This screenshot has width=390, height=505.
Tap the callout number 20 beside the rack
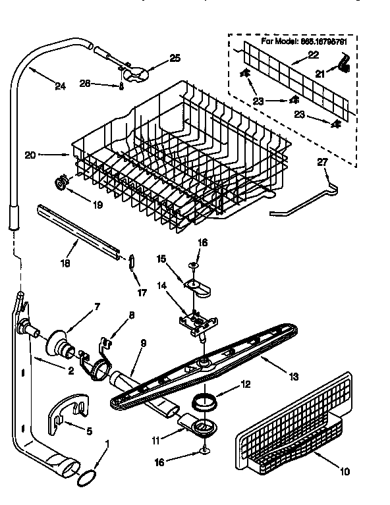29,155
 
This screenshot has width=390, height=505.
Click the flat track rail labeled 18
79,230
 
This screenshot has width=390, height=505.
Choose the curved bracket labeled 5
67,411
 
